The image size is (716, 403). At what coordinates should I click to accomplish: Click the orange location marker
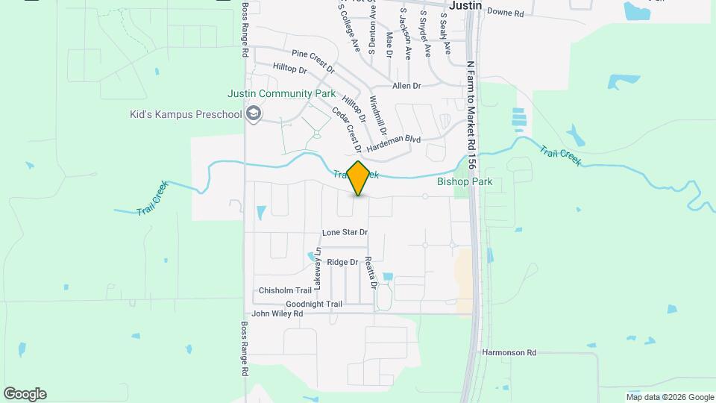click(358, 178)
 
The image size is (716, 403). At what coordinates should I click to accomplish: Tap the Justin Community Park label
click(282, 94)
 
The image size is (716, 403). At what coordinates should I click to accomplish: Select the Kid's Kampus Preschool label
click(186, 114)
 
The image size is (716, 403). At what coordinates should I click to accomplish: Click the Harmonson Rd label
click(509, 352)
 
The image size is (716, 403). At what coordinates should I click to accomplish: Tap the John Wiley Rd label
click(277, 314)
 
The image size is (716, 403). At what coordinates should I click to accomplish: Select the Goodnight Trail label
click(314, 304)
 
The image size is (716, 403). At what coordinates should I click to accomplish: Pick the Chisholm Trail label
click(284, 290)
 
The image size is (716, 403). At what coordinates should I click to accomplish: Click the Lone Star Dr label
click(345, 232)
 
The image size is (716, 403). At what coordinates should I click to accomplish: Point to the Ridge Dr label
click(343, 262)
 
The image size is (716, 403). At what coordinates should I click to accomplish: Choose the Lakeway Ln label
click(318, 269)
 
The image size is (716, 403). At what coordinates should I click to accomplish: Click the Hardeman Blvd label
click(394, 140)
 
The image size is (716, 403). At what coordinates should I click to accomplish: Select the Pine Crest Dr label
click(314, 60)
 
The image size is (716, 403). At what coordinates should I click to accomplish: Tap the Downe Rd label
click(506, 13)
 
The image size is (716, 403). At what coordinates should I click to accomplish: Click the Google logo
click(25, 394)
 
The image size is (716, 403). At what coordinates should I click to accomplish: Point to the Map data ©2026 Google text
click(670, 397)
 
